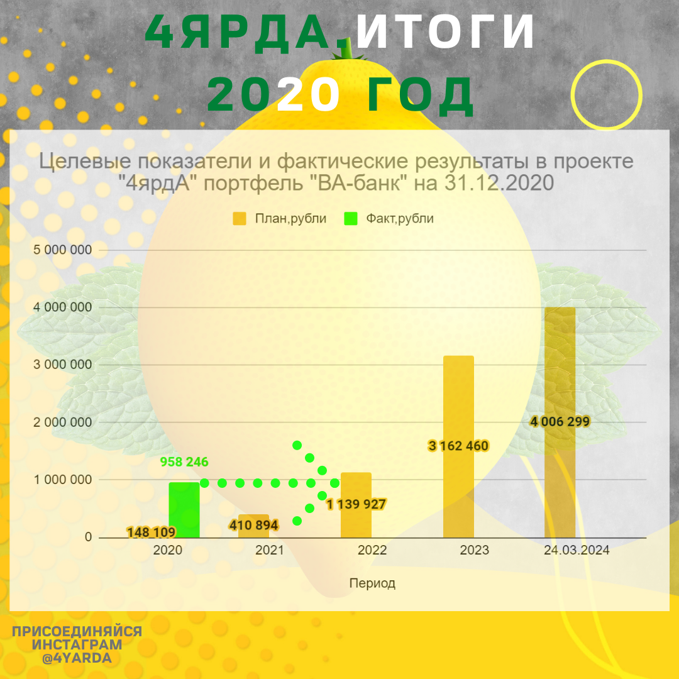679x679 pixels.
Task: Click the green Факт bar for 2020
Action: click(184, 510)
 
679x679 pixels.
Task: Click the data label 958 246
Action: click(184, 462)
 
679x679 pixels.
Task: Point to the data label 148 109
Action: click(151, 533)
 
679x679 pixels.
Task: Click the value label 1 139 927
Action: click(356, 504)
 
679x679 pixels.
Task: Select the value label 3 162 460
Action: click(458, 446)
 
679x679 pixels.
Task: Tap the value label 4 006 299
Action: click(560, 421)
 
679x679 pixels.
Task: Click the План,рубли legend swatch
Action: click(240, 219)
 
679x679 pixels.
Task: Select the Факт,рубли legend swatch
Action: click(351, 219)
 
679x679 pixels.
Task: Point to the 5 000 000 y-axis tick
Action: click(62, 250)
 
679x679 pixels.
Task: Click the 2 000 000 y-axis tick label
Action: click(62, 422)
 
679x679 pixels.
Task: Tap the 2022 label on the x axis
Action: click(372, 550)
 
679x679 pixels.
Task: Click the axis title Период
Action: click(372, 583)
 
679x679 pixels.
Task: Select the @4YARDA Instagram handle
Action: click(77, 658)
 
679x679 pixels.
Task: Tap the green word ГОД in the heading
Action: click(418, 96)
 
